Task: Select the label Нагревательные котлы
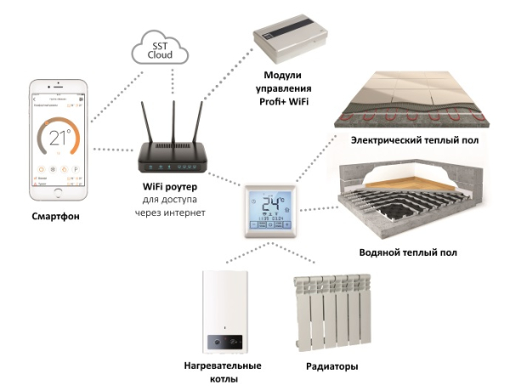coord(223,372)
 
